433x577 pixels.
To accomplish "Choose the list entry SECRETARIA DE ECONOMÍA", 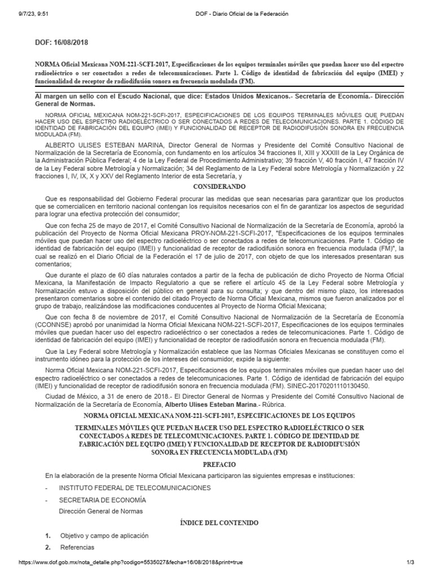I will [102, 500].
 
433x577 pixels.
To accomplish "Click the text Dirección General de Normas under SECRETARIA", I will [101, 511].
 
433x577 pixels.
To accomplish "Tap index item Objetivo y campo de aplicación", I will [104, 535].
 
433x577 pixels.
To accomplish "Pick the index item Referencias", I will [77, 547].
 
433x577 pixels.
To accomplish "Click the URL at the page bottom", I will [132, 562].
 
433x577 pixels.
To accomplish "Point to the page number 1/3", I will [410, 562].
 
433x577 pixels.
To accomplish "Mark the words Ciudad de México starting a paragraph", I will [69, 396].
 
